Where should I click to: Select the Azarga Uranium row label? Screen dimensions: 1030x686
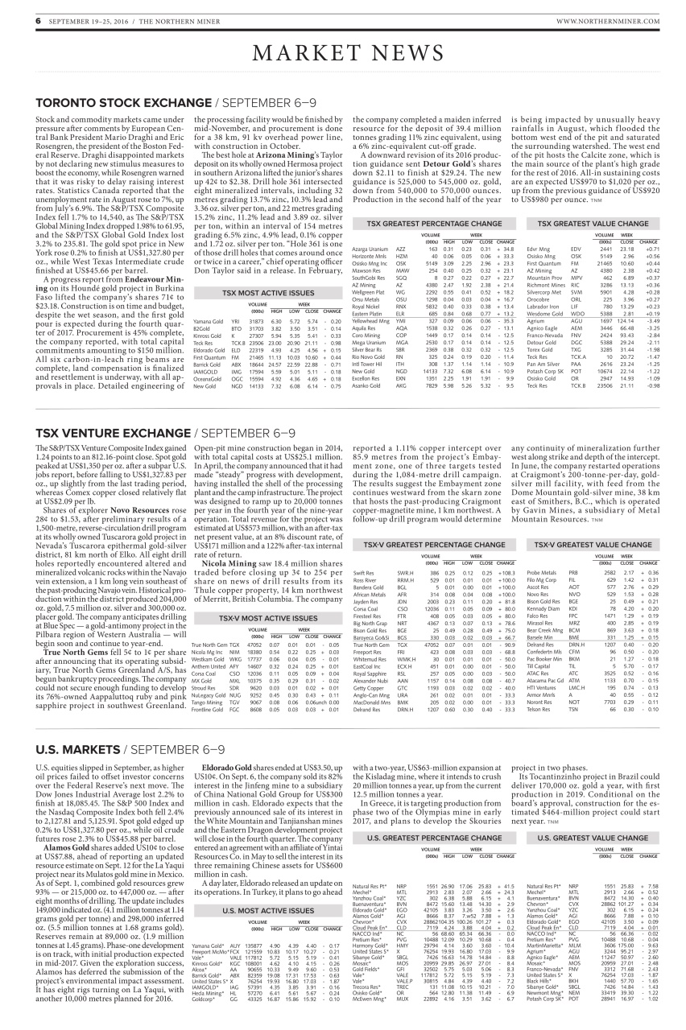coord(370,249)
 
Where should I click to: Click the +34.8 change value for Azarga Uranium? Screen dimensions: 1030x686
coord(506,249)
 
